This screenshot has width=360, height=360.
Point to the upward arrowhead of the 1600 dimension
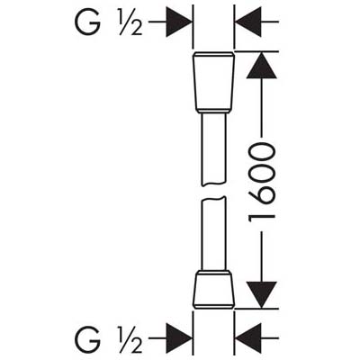[262, 66]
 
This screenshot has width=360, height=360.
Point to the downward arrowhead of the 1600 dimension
[262, 295]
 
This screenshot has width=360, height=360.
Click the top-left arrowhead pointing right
[179, 22]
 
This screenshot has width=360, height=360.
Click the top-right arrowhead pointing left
[247, 22]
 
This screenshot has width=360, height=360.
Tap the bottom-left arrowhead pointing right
[179, 338]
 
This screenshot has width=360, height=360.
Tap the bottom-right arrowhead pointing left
[247, 338]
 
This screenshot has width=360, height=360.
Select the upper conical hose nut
[213, 83]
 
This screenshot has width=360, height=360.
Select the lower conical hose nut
[213, 289]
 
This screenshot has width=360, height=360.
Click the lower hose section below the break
[213, 234]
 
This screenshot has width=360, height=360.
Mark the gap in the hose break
[213, 192]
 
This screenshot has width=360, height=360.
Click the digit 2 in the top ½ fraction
[136, 29]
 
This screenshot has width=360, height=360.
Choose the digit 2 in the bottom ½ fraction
[136, 346]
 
